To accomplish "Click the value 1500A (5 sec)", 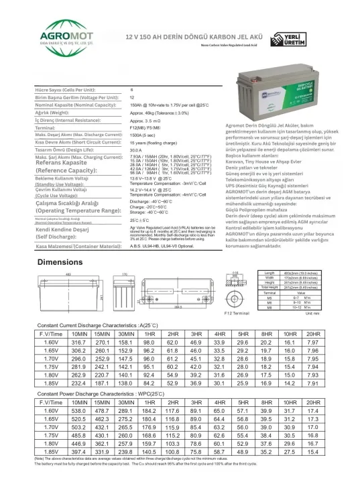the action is pos(145,134).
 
